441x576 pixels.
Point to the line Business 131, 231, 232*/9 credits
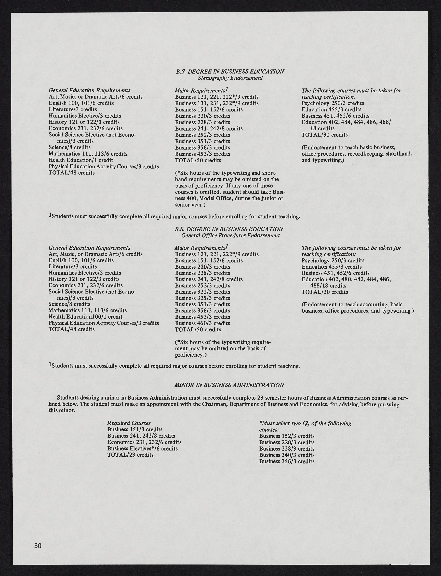click(x=217, y=103)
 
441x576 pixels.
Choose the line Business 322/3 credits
click(x=202, y=292)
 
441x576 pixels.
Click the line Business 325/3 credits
click(x=202, y=298)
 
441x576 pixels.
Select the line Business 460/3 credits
click(x=202, y=323)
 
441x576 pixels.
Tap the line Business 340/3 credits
click(x=287, y=455)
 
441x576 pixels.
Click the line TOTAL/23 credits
click(x=130, y=455)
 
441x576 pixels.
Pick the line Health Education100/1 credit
click(x=85, y=317)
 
